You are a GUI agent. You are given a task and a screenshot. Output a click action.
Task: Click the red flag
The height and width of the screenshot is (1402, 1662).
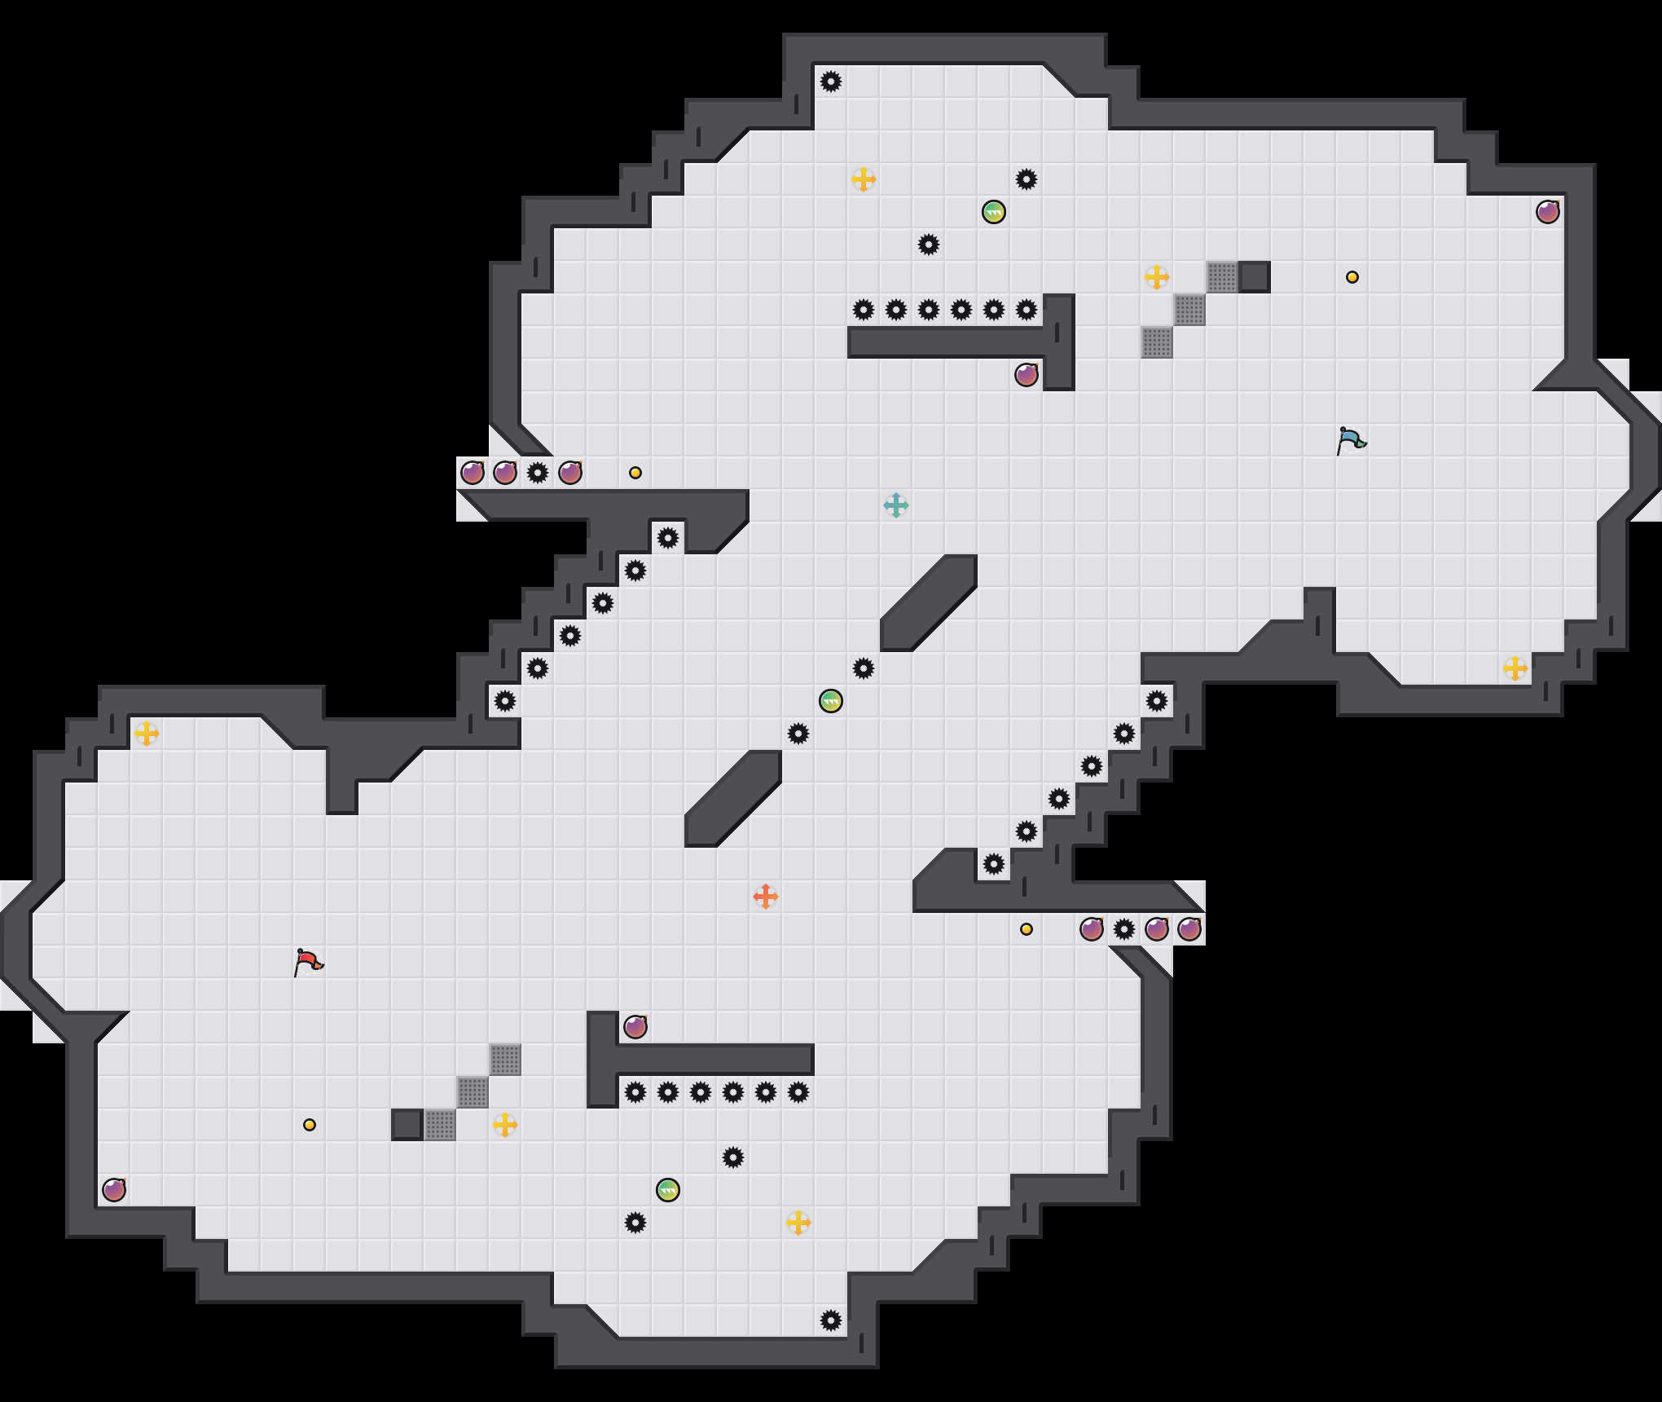coord(308,962)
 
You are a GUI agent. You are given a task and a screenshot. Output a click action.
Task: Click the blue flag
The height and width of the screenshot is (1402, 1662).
coord(1351,440)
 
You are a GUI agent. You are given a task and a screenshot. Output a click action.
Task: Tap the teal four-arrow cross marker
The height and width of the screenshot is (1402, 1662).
coord(896,505)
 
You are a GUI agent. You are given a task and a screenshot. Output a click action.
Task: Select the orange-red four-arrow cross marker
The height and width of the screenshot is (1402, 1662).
coord(766,897)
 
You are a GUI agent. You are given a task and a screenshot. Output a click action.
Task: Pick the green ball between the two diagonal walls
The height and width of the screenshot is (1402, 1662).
coord(831,701)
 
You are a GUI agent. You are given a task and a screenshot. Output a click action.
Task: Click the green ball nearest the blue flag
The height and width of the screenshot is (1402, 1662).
coord(994,212)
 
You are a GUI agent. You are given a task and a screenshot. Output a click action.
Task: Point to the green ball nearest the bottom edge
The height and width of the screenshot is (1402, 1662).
coord(668,1190)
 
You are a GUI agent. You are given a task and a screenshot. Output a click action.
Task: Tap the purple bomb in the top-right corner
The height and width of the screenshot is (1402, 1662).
coord(1548,212)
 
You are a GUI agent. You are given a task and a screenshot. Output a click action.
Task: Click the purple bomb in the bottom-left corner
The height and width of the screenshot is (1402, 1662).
coord(114,1190)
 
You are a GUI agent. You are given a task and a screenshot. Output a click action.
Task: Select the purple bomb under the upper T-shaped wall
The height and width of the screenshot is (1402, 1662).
coord(1027,375)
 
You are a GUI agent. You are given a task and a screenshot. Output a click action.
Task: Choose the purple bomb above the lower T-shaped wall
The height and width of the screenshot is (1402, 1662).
coord(635,1027)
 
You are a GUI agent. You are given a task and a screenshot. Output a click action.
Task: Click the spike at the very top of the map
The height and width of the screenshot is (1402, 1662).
coord(831,82)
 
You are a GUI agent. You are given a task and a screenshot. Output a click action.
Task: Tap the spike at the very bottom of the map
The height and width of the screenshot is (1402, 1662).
coord(831,1320)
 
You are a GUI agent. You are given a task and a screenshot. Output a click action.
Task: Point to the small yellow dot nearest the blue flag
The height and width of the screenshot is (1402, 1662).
coord(1352,277)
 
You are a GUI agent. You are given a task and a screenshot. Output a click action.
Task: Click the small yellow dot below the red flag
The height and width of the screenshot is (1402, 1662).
coord(310,1125)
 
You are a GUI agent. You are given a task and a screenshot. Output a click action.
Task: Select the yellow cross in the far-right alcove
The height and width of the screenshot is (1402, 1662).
coord(1515,668)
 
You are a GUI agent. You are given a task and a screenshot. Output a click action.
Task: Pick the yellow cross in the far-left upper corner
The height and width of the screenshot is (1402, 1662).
coord(147,734)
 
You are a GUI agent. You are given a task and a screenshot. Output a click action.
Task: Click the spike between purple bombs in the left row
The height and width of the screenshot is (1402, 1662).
coord(538,473)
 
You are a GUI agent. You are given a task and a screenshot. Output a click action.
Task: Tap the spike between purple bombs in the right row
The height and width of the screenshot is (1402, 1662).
coord(1124,929)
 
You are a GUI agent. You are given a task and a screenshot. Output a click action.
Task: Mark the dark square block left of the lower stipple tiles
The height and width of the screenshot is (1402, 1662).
coord(407,1125)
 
